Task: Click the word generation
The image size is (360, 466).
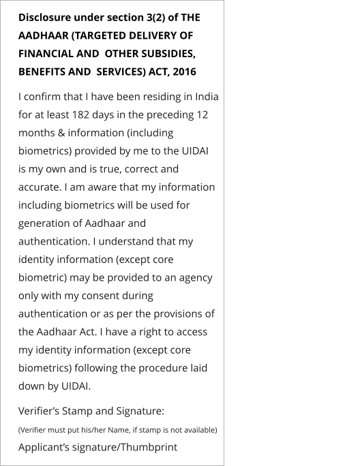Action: pos(46,222)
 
